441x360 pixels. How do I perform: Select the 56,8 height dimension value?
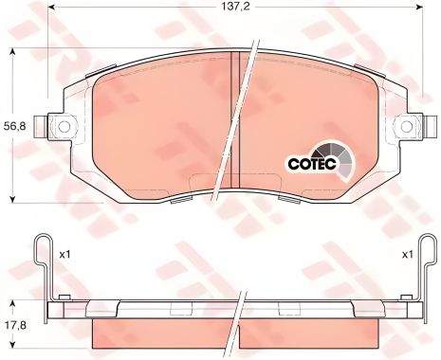[x=14, y=126]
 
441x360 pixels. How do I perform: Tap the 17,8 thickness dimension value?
[x=14, y=325]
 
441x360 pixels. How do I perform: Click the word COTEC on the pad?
[x=311, y=163]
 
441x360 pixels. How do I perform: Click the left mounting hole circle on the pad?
[x=64, y=126]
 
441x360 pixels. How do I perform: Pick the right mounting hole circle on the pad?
[x=406, y=126]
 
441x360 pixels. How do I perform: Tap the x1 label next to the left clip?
[x=64, y=254]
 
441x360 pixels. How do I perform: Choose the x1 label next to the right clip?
[x=408, y=254]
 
